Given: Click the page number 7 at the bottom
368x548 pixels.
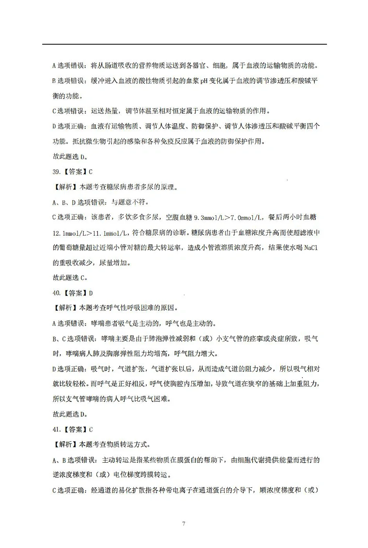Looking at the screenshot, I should tap(184, 524).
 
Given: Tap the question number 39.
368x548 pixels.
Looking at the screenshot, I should tap(56, 172).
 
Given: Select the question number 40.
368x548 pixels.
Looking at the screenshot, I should tap(56, 293).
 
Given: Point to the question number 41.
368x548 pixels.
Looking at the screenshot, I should tap(56, 430).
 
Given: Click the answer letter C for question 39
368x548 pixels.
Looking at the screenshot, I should tap(91, 172).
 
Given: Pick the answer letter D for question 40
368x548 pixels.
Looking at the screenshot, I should tap(91, 293).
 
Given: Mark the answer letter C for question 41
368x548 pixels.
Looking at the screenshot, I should tap(91, 430).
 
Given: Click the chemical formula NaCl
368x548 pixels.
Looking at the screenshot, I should tap(311, 248).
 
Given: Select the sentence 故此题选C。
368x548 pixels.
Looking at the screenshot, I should tap(70, 278).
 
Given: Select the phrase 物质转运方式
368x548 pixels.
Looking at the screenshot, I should tap(127, 445).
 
